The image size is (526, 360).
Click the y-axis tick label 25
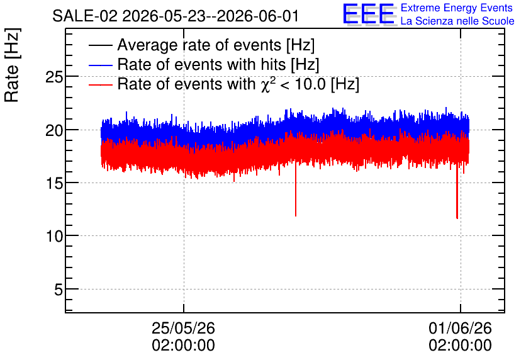(x=54, y=77)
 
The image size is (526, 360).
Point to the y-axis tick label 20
(x=54, y=130)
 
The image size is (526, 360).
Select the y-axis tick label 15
(x=54, y=184)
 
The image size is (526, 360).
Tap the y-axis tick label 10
(x=54, y=237)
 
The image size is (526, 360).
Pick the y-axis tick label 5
(x=59, y=290)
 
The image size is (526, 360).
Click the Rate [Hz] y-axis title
(x=12, y=65)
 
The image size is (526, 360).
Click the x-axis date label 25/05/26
(x=183, y=328)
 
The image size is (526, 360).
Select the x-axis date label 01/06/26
(x=461, y=328)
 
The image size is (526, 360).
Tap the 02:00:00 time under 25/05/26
(x=183, y=346)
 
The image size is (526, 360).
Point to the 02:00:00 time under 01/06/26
(x=461, y=346)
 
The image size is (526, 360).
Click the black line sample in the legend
(x=101, y=45)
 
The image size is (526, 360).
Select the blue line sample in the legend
(x=101, y=65)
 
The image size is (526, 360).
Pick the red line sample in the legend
(x=101, y=84)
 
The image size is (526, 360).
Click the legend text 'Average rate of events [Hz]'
(x=216, y=45)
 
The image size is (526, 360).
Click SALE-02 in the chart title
(x=85, y=16)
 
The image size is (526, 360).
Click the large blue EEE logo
(x=369, y=14)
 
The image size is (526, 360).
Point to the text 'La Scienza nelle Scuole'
(x=457, y=21)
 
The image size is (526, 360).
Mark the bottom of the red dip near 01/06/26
(x=457, y=218)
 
